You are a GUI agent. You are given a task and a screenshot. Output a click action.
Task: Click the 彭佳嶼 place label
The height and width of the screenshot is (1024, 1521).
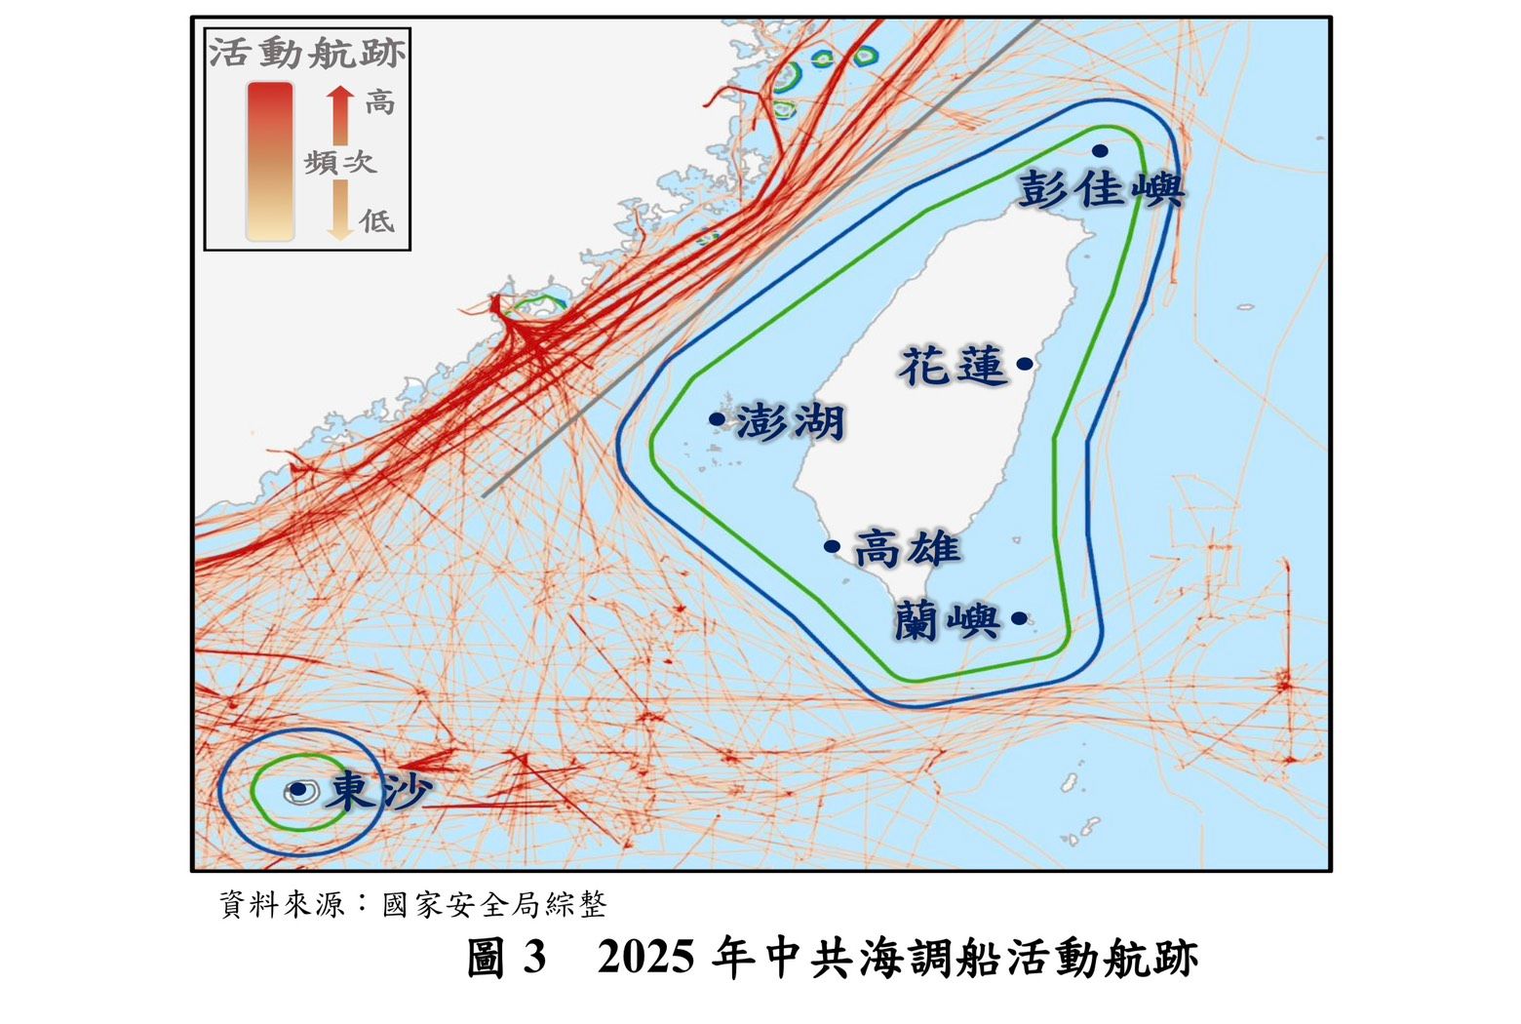(1101, 189)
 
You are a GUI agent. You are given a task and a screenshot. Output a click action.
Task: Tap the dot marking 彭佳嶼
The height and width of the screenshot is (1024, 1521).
(1100, 150)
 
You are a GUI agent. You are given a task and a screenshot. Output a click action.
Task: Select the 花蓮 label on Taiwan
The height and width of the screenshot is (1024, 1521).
(953, 366)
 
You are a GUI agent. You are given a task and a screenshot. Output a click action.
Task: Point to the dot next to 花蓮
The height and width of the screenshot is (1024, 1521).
(1024, 364)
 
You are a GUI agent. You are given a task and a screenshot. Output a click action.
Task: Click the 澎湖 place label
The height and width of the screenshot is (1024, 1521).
(790, 422)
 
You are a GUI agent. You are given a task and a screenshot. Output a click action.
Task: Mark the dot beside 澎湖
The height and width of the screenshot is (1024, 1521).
(717, 419)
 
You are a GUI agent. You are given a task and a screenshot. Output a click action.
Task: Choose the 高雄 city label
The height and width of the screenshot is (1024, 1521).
(908, 549)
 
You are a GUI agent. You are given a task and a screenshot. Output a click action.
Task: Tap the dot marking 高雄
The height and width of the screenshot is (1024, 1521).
(832, 547)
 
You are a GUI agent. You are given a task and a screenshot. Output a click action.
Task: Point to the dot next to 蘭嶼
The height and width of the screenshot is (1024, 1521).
(1019, 618)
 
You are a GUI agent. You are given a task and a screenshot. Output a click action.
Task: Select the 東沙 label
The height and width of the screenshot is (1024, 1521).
(377, 791)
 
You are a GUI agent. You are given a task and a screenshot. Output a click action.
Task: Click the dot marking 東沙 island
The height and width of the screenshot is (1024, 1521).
(298, 789)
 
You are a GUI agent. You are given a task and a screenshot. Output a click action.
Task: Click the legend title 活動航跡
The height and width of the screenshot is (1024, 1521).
(307, 53)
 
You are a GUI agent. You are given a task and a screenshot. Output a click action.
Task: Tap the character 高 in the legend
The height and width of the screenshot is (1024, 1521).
(379, 101)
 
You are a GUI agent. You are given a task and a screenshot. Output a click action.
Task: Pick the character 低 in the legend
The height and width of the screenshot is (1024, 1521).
(377, 221)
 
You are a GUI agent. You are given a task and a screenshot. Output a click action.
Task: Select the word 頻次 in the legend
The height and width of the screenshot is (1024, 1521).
(339, 162)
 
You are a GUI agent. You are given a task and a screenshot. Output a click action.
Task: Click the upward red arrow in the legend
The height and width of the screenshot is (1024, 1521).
(339, 113)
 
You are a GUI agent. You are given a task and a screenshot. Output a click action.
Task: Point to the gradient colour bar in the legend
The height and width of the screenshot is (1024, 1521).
(270, 161)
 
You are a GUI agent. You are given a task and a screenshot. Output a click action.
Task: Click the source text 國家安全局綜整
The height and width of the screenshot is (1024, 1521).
(494, 905)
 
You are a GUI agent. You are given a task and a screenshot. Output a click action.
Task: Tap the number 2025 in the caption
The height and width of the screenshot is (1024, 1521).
(645, 958)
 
